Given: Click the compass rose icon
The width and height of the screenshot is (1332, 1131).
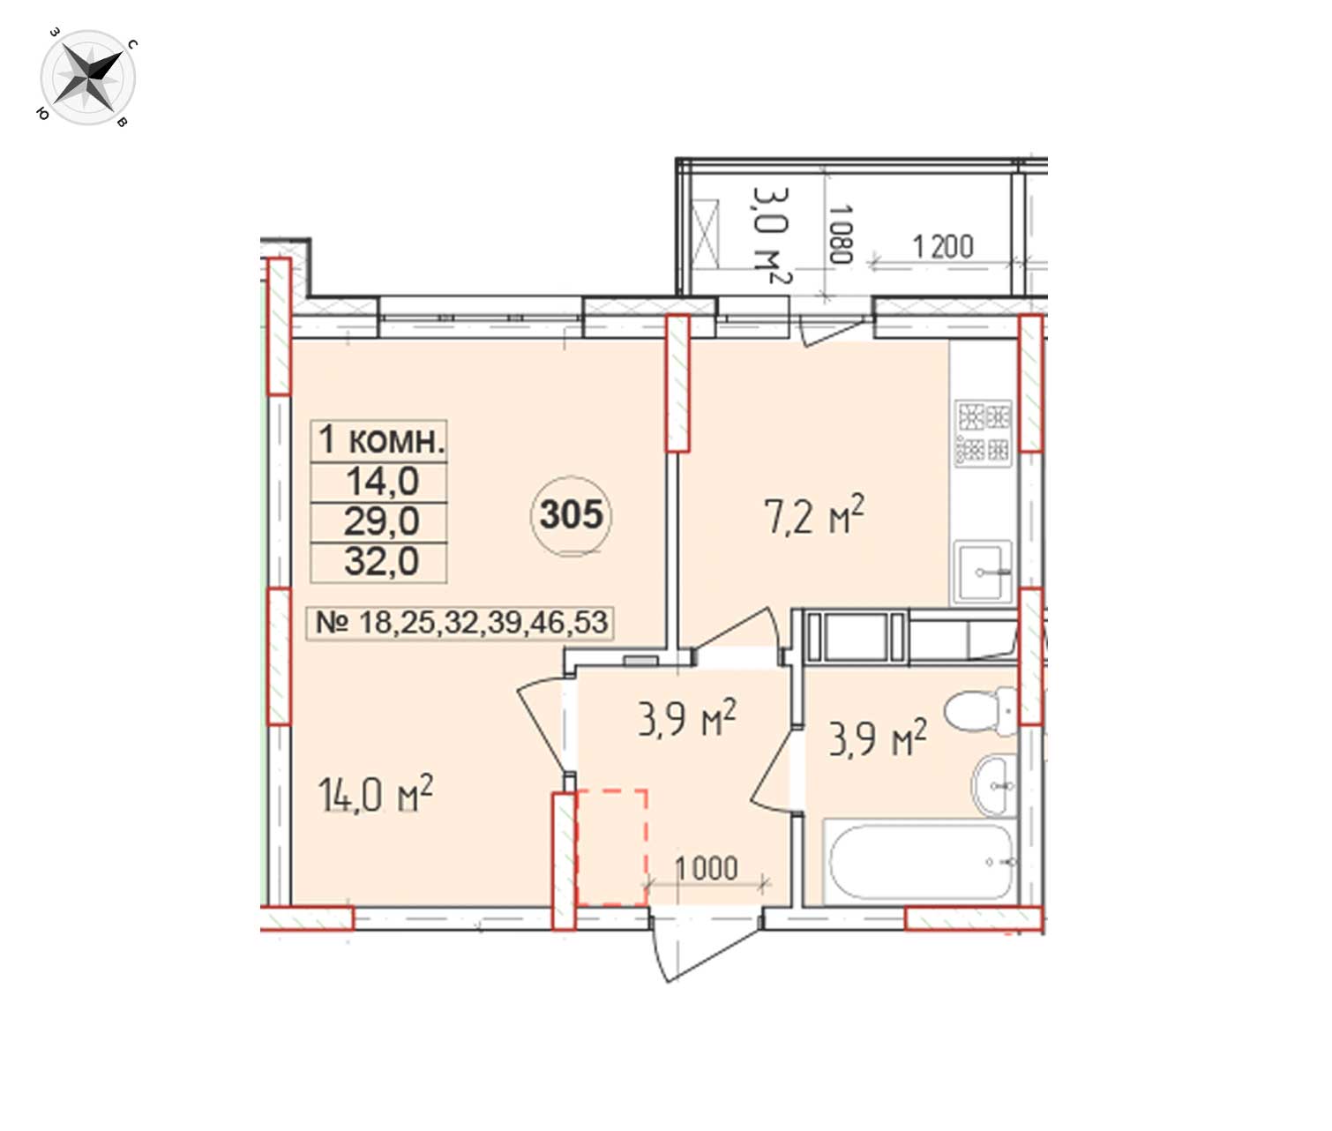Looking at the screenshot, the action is pos(88,78).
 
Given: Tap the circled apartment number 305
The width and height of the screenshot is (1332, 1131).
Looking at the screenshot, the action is pos(571,515).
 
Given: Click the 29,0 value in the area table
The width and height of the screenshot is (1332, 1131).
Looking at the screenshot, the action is pos(381,521).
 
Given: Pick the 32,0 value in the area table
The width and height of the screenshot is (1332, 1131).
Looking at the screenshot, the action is pos(381,561).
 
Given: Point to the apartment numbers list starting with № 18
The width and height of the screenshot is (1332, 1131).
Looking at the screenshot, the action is pos(461,623).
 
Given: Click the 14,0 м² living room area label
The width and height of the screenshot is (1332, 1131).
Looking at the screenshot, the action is pos(375,794).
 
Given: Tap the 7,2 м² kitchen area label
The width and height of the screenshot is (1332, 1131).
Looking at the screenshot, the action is pos(813,515).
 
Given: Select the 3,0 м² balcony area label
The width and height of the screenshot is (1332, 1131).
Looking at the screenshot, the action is pos(771,236).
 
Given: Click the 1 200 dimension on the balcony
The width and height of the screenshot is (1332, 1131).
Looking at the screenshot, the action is pos(943,247).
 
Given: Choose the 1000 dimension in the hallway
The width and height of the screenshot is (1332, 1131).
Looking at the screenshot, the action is pos(707,869).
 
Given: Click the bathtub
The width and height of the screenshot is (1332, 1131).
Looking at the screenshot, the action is pos(921,861).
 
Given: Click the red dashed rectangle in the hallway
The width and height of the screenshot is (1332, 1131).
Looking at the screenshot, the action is pos(611,848).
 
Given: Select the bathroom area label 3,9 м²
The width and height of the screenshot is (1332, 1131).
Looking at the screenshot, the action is pos(877,738).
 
